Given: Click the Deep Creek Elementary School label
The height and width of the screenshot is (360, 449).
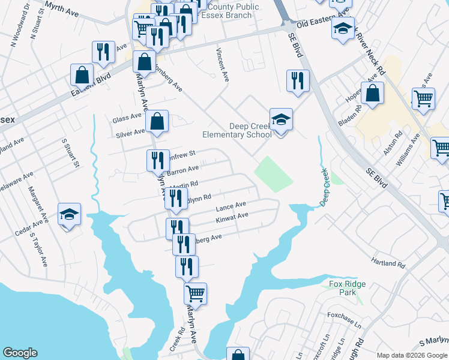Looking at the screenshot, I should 250,130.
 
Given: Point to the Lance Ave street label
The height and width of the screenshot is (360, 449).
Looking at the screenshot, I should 231,208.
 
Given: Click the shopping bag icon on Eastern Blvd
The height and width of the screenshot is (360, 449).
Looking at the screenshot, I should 82,76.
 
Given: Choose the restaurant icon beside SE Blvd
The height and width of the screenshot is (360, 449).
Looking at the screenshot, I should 298,81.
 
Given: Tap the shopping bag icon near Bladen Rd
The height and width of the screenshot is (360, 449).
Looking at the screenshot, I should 373,93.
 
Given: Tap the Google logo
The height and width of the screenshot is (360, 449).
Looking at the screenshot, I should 20,353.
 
